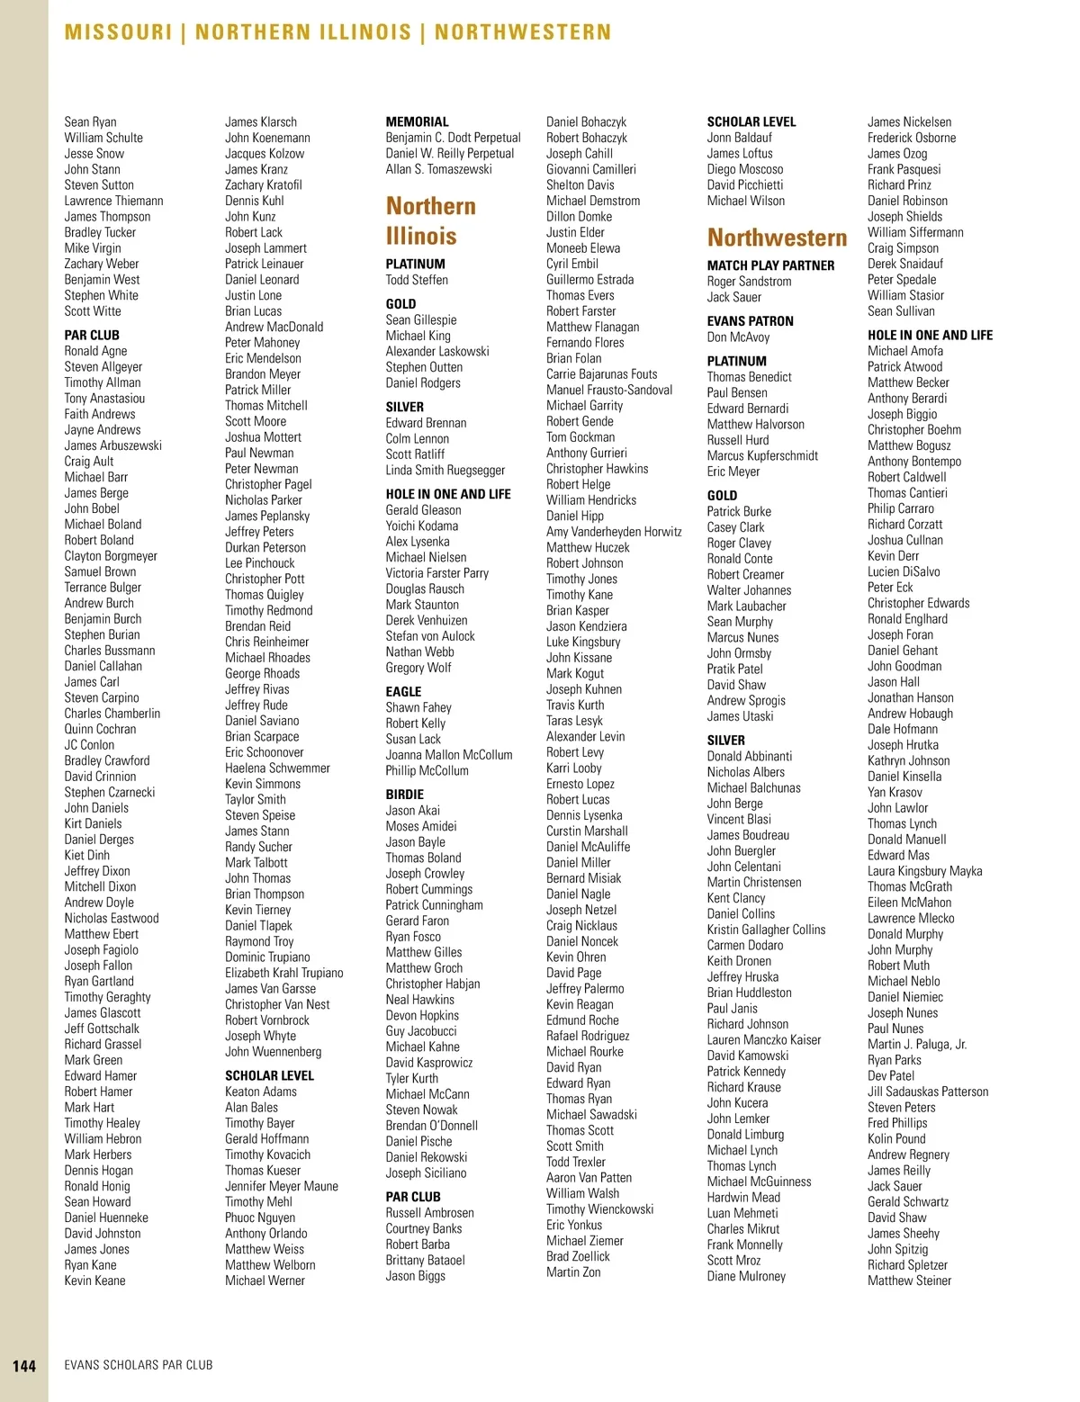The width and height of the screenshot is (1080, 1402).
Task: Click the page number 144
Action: pyautogui.click(x=24, y=1365)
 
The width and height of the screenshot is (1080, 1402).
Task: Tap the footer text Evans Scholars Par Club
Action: pyautogui.click(x=139, y=1365)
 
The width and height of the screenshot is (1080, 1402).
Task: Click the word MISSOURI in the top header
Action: pyautogui.click(x=118, y=32)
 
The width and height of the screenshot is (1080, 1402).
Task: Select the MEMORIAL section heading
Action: pyautogui.click(x=417, y=121)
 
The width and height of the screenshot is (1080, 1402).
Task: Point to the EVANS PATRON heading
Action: pyautogui.click(x=750, y=321)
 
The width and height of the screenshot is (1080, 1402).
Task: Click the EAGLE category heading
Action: pyautogui.click(x=403, y=691)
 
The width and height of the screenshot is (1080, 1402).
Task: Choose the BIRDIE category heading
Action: pyautogui.click(x=404, y=795)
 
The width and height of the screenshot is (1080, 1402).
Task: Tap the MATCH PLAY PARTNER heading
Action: pyautogui.click(x=770, y=265)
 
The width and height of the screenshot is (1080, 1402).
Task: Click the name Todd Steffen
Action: pyautogui.click(x=417, y=280)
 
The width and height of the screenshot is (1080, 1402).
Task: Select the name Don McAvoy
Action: pyautogui.click(x=738, y=337)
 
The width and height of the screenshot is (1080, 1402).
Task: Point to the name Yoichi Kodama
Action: pyautogui.click(x=421, y=526)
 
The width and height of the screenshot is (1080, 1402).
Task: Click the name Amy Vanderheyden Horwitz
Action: pyautogui.click(x=614, y=532)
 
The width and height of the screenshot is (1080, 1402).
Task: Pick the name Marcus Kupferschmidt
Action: pyautogui.click(x=762, y=455)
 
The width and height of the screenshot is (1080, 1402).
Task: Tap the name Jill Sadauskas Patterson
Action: pyautogui.click(x=927, y=1092)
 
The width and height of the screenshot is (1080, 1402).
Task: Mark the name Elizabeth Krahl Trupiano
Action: pyautogui.click(x=283, y=973)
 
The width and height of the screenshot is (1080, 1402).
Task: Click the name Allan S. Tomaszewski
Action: pyautogui.click(x=438, y=169)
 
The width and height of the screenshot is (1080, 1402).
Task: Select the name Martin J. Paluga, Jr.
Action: pyautogui.click(x=916, y=1044)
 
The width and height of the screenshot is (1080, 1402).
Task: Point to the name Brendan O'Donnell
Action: pyautogui.click(x=431, y=1126)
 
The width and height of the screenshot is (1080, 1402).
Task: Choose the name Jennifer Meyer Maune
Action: pyautogui.click(x=281, y=1186)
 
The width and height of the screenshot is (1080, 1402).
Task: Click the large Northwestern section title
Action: pyautogui.click(x=777, y=238)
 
